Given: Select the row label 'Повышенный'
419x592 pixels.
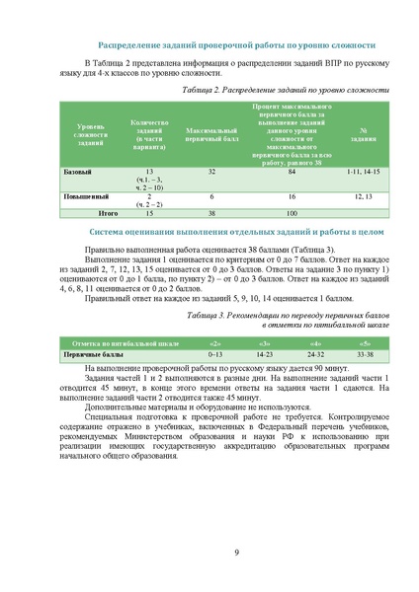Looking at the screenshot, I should (x=85, y=196).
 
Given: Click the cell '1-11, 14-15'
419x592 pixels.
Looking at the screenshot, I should (x=363, y=172).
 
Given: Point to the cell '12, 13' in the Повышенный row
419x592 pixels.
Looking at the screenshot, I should (x=363, y=196).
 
